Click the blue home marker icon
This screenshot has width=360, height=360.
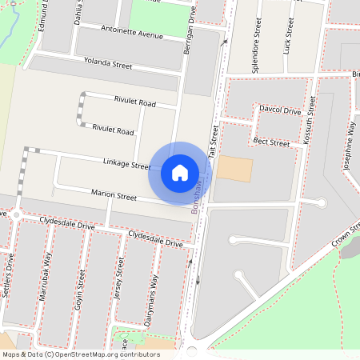(180, 172)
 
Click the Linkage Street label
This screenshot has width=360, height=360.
(126, 164)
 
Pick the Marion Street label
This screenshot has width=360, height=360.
(114, 194)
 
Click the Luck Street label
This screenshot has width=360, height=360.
(286, 37)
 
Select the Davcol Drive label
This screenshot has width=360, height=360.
(279, 110)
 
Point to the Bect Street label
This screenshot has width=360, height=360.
(270, 142)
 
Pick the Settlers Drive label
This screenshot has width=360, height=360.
(9, 276)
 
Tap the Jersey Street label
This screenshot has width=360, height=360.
(119, 278)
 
